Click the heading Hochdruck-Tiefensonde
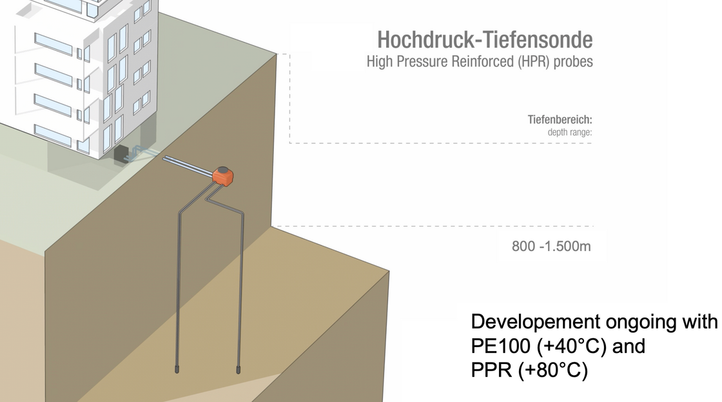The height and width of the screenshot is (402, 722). [485, 40]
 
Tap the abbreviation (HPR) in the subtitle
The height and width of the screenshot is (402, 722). [534, 62]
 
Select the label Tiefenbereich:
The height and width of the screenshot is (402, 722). [560, 120]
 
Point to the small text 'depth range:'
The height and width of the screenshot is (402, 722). [570, 132]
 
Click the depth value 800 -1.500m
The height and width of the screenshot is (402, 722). [551, 246]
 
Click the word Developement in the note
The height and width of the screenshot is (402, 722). [536, 322]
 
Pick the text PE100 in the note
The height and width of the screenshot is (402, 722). [500, 347]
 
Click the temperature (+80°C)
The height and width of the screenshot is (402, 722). [553, 370]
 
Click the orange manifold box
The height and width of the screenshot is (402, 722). [223, 177]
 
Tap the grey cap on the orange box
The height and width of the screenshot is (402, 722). [223, 170]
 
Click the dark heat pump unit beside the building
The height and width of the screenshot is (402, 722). [122, 154]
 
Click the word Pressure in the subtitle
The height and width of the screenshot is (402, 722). [422, 62]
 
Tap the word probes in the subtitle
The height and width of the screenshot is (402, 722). [573, 62]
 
